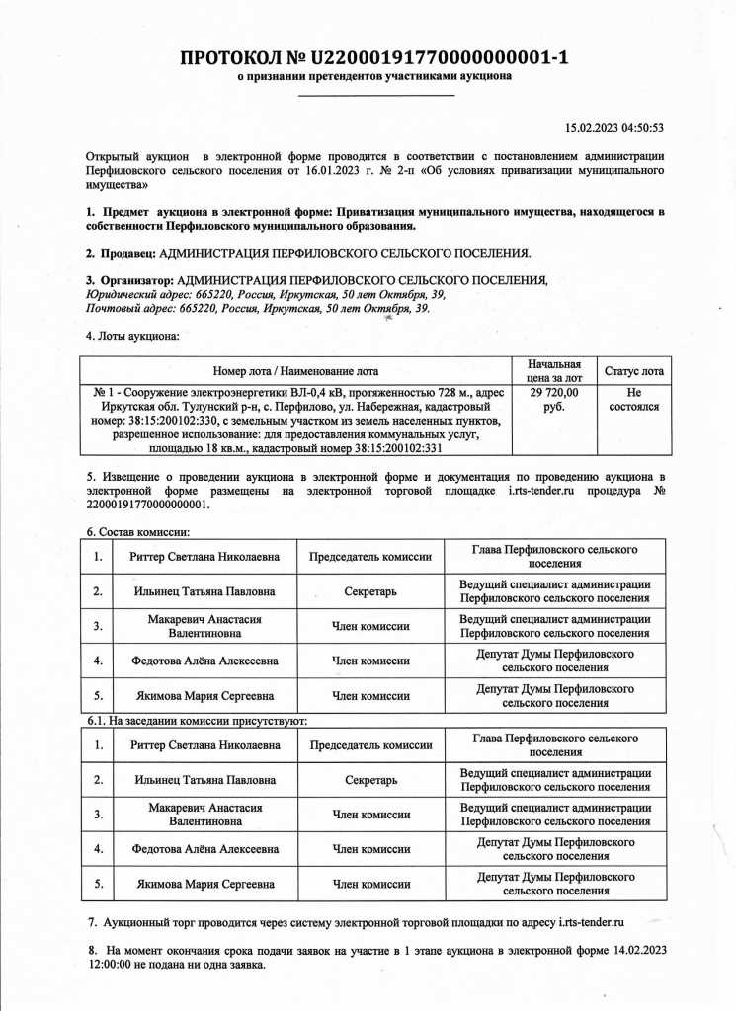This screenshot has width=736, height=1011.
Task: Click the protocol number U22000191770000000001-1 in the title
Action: tap(440, 57)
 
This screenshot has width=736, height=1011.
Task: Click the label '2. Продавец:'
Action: tap(121, 253)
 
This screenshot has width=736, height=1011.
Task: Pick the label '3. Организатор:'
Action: tap(130, 281)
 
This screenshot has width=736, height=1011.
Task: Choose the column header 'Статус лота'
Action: tap(633, 372)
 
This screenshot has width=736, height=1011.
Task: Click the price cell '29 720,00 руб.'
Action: tap(554, 400)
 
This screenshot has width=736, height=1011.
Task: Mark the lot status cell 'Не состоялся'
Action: tap(633, 400)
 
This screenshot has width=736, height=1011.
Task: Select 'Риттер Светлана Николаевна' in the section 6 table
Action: tap(204, 557)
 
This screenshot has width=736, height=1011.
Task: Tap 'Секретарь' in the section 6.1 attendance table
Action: tap(370, 781)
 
